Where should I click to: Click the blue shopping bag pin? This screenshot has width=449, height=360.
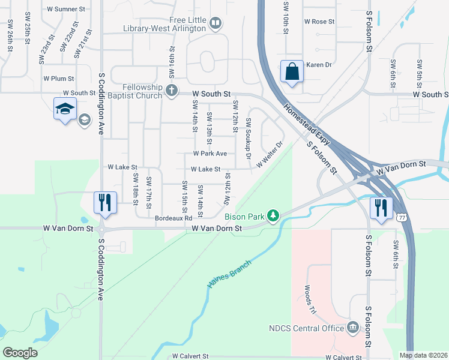pos(291,73)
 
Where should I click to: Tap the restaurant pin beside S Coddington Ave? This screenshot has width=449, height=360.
pos(105,202)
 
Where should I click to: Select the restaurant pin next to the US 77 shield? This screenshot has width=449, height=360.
pos(381,208)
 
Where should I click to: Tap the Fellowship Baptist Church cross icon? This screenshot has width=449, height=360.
pos(172,91)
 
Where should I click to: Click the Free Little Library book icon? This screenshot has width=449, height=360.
pos(215,24)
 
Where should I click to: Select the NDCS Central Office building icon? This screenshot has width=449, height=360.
pos(352,328)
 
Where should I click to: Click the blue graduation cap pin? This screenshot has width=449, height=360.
pos(65,109)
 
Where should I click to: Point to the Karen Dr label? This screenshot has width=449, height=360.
pos(319,65)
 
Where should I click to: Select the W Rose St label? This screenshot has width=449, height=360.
pos(319,22)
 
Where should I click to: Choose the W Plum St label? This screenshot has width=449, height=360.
pos(58,79)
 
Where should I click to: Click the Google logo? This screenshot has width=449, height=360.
pos(20,353)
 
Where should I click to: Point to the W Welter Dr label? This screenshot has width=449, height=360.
pos(269,155)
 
